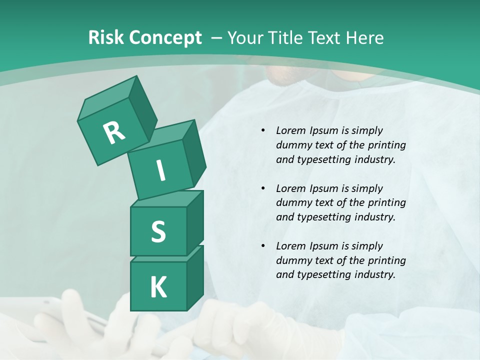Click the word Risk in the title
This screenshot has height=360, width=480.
pos(106,38)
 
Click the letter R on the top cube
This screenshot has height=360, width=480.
pos(114,133)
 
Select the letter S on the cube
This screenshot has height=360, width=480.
pos(158,232)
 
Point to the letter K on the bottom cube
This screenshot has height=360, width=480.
pos(158,287)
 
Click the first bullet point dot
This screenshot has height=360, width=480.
pos(263,131)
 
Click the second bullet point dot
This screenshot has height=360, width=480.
pos(263,189)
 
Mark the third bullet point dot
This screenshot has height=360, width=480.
pos(263,246)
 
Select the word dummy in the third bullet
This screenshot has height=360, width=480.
pos(292,260)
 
